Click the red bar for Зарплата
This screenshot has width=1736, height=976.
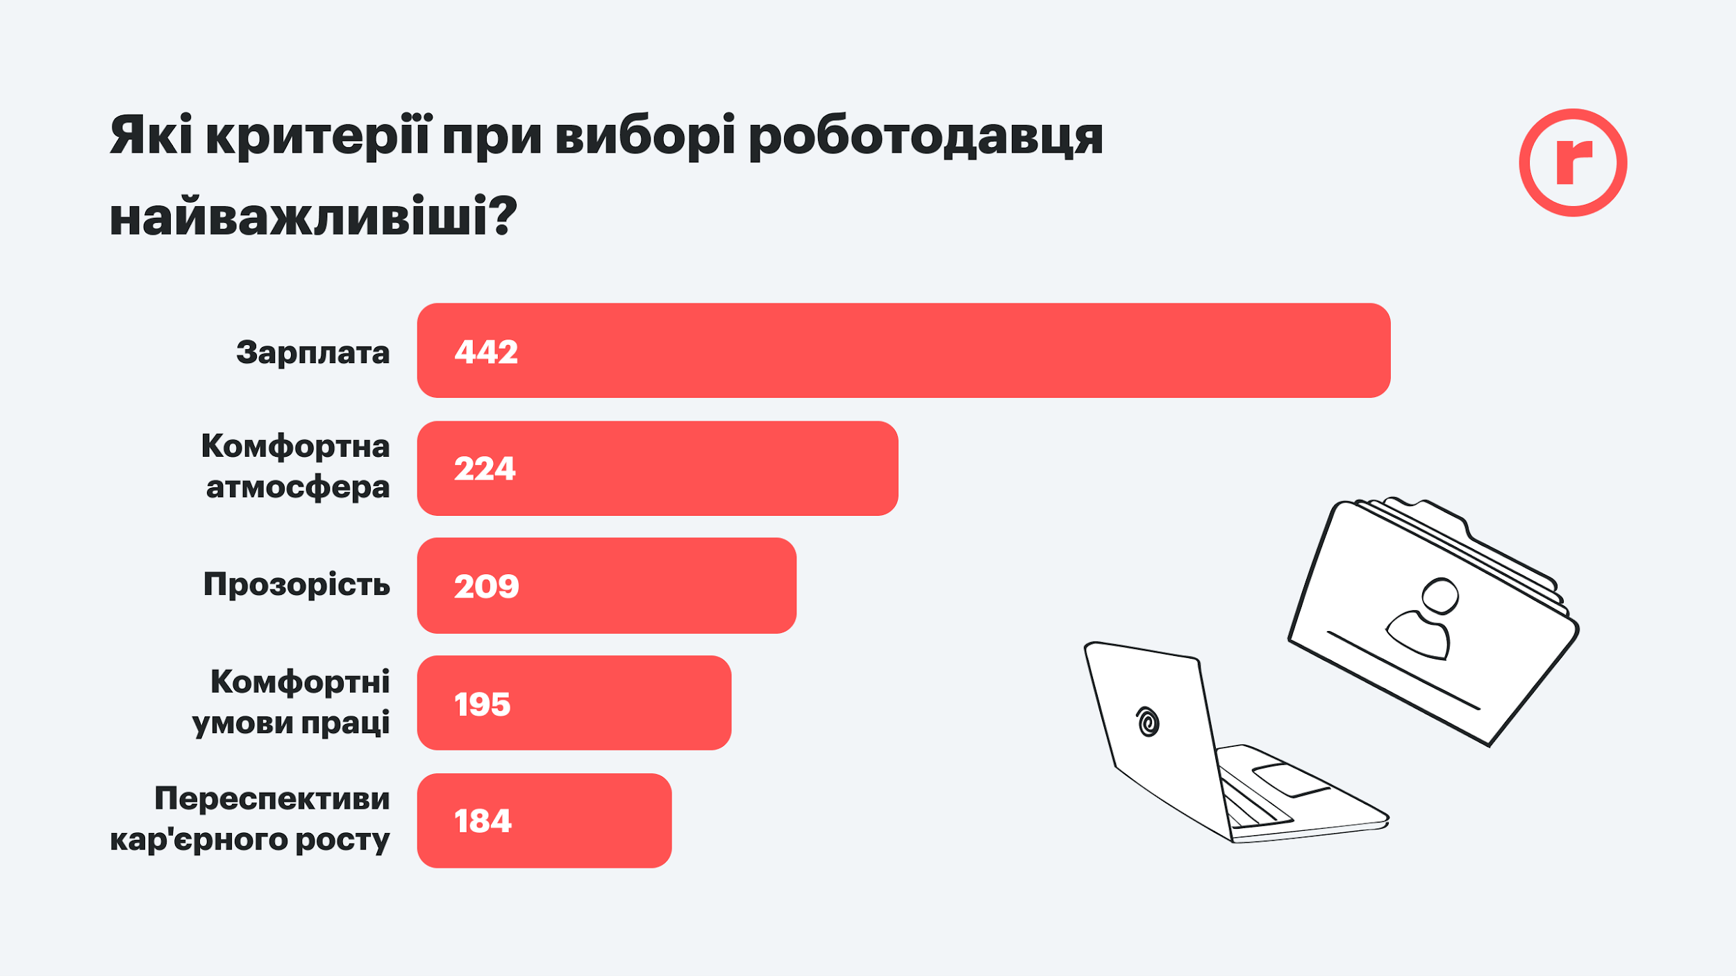click(903, 351)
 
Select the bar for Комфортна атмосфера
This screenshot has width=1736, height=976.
click(657, 468)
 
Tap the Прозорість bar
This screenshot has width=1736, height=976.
click(606, 585)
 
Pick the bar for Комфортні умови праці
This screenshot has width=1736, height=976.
click(574, 702)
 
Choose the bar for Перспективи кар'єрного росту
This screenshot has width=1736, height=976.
click(544, 821)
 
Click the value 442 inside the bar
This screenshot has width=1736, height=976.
click(486, 352)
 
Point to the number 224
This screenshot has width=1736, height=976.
click(485, 469)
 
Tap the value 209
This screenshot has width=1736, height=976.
click(486, 587)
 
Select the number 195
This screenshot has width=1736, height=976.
click(482, 705)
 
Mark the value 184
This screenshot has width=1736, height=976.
click(483, 821)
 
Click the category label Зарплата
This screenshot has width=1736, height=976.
click(312, 353)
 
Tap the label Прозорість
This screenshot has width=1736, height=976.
click(297, 584)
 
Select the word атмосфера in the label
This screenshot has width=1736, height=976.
click(297, 487)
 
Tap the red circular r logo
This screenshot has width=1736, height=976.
click(1573, 162)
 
